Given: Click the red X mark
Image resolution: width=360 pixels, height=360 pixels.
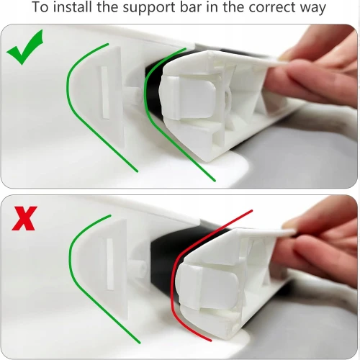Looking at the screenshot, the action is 24,218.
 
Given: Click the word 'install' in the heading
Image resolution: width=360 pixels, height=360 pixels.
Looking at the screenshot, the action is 73,7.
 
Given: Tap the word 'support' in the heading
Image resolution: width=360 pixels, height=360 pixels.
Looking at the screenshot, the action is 149,8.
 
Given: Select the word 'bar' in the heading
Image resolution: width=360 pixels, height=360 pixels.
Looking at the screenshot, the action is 192,7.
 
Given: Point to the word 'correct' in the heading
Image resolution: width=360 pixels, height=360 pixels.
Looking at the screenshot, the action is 271,8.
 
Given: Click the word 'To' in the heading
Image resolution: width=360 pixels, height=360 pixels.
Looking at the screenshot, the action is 40,7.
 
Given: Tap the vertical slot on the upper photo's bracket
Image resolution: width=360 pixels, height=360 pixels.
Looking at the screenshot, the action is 105,92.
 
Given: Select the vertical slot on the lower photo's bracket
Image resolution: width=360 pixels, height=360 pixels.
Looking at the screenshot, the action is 110,264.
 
